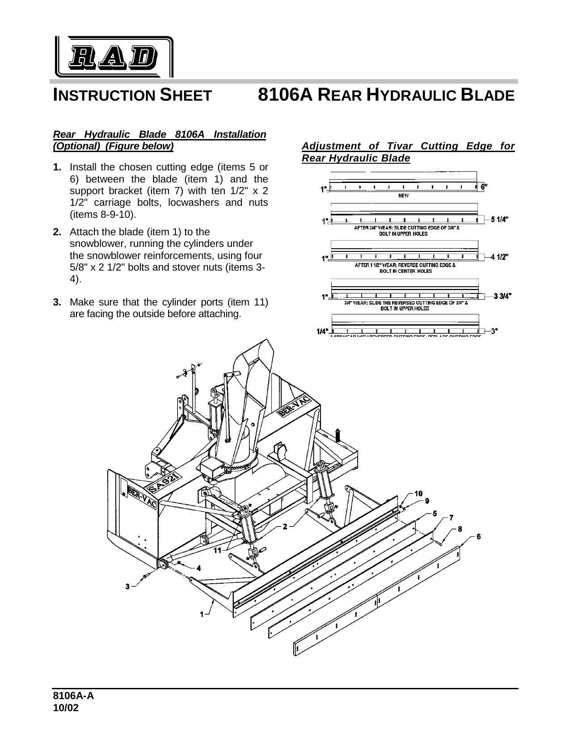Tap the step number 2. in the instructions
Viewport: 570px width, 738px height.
tap(57, 232)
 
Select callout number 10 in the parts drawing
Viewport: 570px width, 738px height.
tap(418, 493)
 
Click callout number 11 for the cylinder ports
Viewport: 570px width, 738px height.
tap(217, 550)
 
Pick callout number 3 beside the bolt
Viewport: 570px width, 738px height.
tap(127, 586)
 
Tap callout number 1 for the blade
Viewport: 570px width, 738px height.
tap(202, 614)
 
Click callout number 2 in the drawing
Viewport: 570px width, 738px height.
tap(285, 526)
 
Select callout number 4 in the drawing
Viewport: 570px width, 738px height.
tap(198, 568)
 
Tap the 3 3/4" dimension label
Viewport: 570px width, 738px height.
tap(502, 296)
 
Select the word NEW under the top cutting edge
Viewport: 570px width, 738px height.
tap(403, 195)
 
